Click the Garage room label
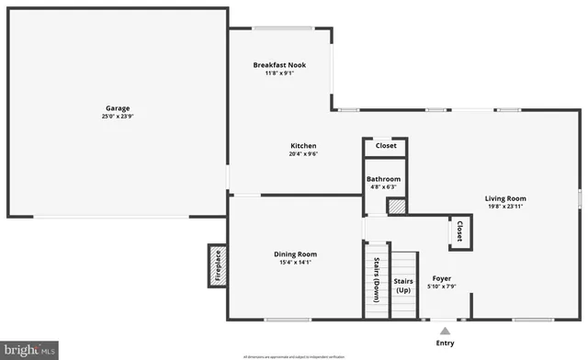tap(118, 107)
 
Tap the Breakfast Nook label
tap(279, 65)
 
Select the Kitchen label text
tap(303, 146)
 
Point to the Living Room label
tap(505, 198)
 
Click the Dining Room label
tap(295, 254)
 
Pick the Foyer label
tap(442, 278)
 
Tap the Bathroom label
tap(383, 179)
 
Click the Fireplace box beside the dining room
tap(218, 266)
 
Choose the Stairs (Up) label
tap(403, 285)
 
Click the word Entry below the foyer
tap(445, 343)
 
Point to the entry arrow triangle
tap(445, 329)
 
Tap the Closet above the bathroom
tap(386, 145)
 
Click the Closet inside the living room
tap(458, 232)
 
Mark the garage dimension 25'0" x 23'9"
tap(118, 117)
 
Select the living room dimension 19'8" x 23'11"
tap(505, 207)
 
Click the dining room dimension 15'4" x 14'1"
tap(295, 263)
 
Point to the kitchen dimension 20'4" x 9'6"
tap(303, 154)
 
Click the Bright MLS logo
tap(29, 349)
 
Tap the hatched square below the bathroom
tap(396, 208)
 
